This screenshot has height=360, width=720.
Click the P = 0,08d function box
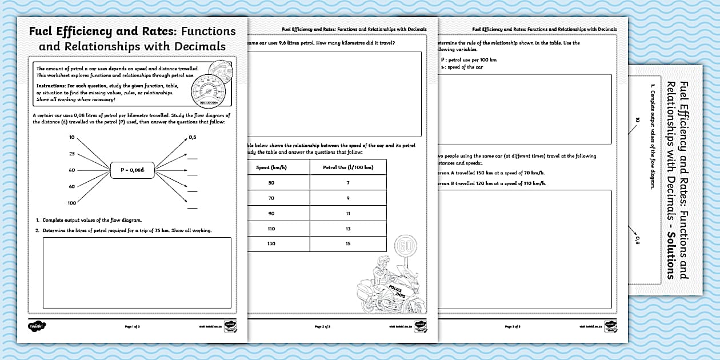(x=133, y=170)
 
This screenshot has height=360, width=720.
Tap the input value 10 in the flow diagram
(x=71, y=138)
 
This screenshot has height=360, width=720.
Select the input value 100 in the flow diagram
(x=71, y=203)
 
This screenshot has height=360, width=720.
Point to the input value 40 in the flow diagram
(x=71, y=170)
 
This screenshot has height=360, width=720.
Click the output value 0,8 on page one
(x=193, y=138)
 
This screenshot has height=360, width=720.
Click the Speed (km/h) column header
(x=271, y=167)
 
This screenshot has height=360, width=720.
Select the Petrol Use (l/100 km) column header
(x=348, y=167)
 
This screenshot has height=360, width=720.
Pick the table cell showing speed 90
(x=271, y=213)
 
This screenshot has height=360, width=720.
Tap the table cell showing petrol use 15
(x=348, y=244)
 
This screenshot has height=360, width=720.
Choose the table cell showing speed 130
(x=271, y=244)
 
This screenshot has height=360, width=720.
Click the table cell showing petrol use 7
(x=348, y=182)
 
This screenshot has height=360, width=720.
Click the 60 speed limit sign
(x=405, y=247)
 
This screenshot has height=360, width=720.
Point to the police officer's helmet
(x=381, y=265)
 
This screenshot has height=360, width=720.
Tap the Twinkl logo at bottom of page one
(x=37, y=326)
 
